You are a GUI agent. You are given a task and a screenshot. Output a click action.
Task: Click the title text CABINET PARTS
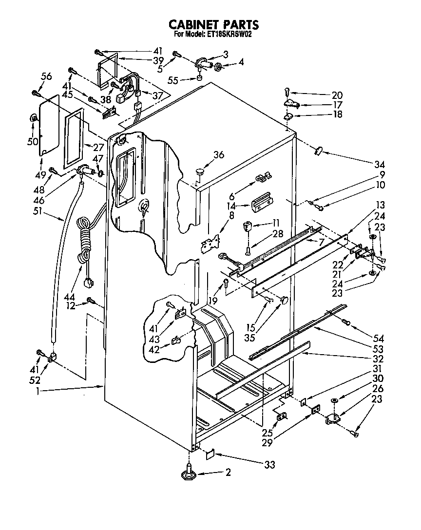click(x=213, y=24)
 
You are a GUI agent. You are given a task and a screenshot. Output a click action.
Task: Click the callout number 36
click(x=219, y=155)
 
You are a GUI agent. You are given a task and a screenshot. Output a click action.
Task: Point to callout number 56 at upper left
click(x=46, y=76)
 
